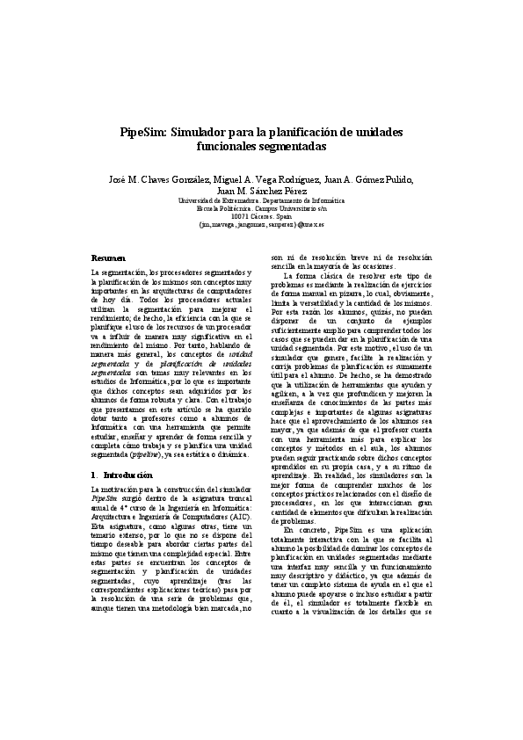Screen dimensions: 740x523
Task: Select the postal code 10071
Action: click(x=239, y=217)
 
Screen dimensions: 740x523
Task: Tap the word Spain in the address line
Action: click(x=283, y=217)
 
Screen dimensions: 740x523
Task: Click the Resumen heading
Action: click(x=111, y=258)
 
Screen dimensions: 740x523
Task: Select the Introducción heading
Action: click(x=127, y=475)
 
